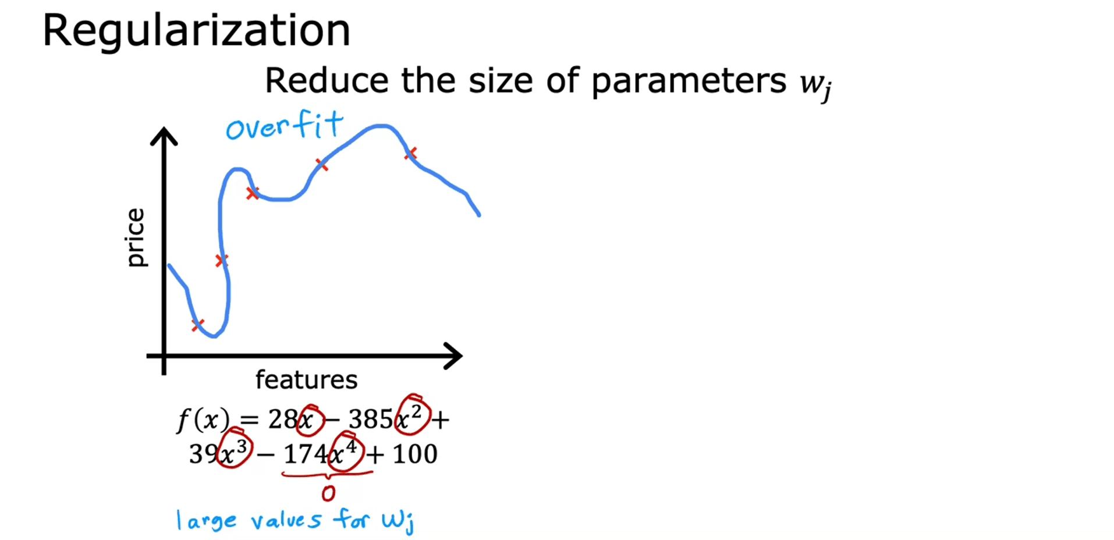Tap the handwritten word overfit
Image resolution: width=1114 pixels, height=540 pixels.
click(x=285, y=126)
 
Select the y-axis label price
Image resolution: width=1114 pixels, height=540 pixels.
click(x=136, y=237)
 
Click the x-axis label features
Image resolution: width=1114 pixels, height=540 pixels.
click(x=306, y=380)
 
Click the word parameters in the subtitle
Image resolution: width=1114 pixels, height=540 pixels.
click(x=689, y=81)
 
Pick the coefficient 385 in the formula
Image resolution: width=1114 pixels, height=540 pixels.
click(x=371, y=418)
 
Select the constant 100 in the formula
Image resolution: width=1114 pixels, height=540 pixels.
click(x=414, y=453)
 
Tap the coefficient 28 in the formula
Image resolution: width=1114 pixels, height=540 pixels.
click(x=283, y=418)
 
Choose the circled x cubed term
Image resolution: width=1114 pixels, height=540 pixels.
click(x=235, y=448)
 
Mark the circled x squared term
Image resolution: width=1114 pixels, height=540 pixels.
click(x=413, y=415)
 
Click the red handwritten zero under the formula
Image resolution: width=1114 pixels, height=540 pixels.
click(x=328, y=493)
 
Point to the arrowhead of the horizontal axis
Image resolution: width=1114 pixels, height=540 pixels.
click(x=453, y=356)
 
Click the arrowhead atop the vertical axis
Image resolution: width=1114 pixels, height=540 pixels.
click(x=164, y=135)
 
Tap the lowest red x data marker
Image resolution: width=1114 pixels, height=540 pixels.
click(x=198, y=325)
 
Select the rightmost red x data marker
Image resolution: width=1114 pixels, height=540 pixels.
click(x=411, y=154)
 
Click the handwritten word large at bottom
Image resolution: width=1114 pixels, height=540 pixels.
click(x=207, y=520)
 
